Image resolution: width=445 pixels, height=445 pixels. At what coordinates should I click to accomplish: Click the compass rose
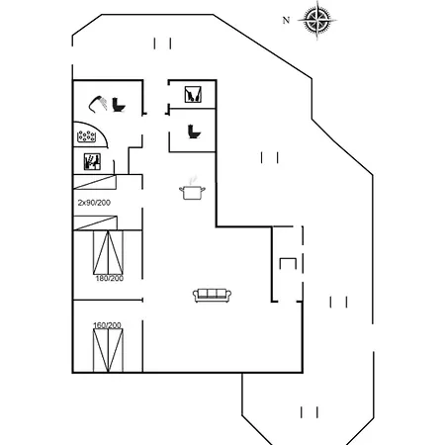click(x=317, y=20)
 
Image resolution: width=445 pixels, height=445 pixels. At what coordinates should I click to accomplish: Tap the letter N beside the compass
click(x=286, y=20)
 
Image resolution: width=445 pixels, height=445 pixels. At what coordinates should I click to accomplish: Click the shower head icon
click(x=98, y=104)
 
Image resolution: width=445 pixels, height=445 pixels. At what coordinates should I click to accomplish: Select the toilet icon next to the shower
click(x=119, y=105)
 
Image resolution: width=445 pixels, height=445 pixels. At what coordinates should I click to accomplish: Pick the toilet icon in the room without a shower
click(x=194, y=132)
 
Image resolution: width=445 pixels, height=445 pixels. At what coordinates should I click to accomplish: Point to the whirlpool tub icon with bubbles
click(x=86, y=136)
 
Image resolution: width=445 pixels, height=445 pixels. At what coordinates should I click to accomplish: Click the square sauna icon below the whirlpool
click(x=92, y=161)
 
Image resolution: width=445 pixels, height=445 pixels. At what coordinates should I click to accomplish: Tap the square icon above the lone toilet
click(x=193, y=94)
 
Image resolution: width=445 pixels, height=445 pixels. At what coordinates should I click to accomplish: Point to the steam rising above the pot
click(x=192, y=180)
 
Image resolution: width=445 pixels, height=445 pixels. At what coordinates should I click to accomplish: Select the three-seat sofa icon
click(x=212, y=295)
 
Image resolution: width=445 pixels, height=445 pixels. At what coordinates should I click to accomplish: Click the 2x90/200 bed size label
click(x=94, y=203)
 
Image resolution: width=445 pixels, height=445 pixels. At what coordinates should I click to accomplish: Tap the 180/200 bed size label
click(x=110, y=278)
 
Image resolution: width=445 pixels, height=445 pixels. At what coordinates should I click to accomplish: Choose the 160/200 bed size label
click(x=107, y=325)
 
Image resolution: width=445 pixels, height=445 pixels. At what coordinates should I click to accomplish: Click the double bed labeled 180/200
click(x=108, y=252)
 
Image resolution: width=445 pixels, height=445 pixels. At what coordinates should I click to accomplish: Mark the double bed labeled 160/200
click(x=108, y=350)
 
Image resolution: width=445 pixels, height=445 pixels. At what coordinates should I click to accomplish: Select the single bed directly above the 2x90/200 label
click(x=95, y=182)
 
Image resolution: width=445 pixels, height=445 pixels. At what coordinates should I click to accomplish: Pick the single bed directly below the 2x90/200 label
click(x=95, y=222)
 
